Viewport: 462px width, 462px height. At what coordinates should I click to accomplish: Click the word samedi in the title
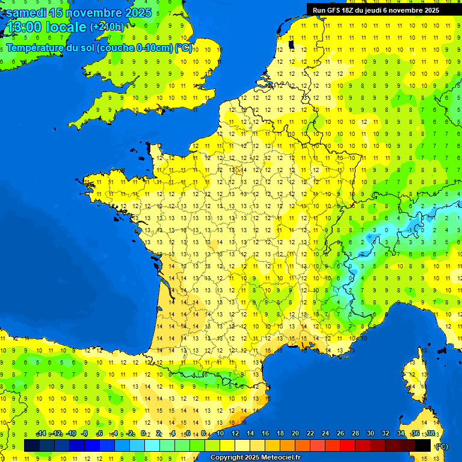pos(27,13)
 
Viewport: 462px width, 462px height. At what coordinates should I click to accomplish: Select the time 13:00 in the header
pos(25,27)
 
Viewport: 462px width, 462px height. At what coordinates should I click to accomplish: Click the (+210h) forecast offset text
pos(108,26)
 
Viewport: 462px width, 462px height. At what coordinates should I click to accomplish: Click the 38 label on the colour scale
pos(430,433)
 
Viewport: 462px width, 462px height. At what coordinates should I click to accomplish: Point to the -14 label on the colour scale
pos(41,433)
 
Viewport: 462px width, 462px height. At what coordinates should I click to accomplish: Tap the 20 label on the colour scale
pos(295,433)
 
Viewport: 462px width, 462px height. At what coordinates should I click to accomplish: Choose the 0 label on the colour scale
pos(143,433)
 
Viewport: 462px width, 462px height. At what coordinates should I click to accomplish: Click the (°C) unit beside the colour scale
pos(442,446)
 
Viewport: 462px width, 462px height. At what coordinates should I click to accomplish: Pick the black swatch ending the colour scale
pos(423,445)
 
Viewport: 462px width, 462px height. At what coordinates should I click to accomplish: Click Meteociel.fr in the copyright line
pos(280,457)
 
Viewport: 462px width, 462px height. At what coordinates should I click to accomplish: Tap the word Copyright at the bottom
pos(228,457)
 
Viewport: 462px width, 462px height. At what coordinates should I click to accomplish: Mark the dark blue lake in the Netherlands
pos(292,43)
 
